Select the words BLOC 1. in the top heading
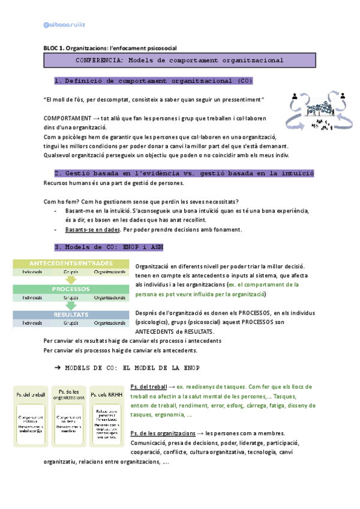(53, 48)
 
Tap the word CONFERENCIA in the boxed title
(100, 60)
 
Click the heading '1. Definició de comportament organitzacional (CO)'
(153, 80)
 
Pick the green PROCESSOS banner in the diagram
(71, 289)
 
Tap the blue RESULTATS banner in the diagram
(71, 315)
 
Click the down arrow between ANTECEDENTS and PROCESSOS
(71, 278)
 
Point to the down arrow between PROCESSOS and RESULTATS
(71, 304)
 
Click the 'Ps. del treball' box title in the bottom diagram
(31, 394)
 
